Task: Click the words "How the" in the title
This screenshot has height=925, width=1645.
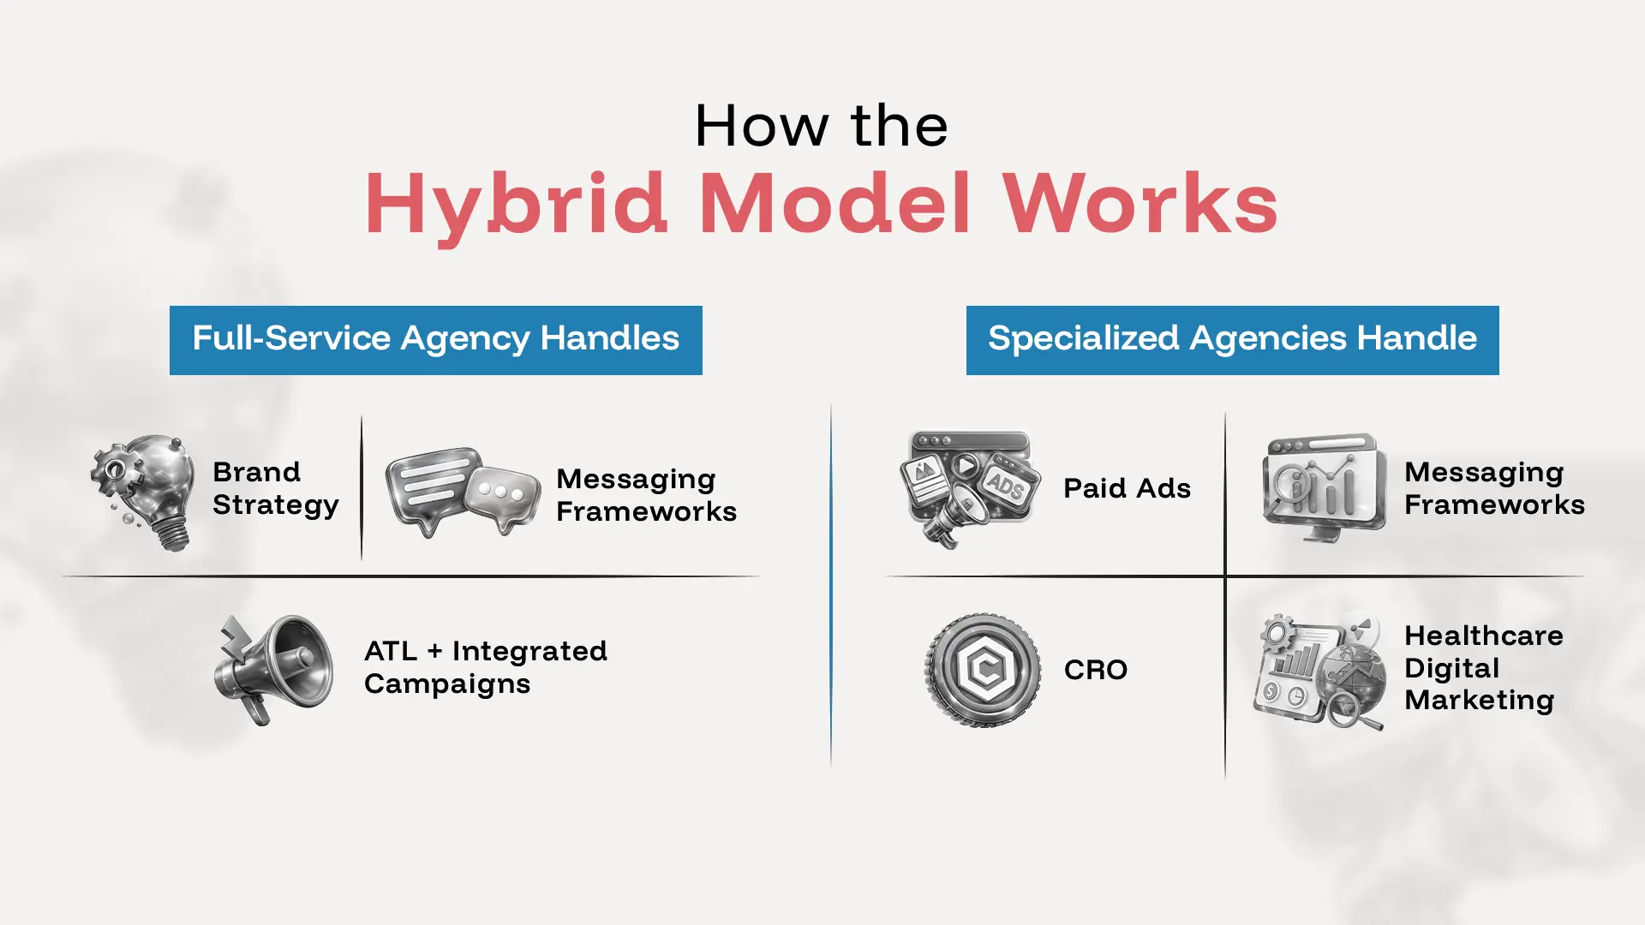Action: coord(821,126)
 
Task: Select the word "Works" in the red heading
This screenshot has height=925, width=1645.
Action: coord(1140,203)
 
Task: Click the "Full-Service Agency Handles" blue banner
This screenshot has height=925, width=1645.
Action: coord(436,340)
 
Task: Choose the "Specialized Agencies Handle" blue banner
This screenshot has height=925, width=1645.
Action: coord(1233,340)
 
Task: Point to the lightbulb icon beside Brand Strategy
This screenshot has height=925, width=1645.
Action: coord(143,492)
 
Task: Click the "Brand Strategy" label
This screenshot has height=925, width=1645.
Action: coord(276,488)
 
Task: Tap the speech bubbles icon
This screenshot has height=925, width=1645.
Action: coord(463,492)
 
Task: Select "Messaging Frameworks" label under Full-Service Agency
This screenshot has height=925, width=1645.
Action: coord(647,495)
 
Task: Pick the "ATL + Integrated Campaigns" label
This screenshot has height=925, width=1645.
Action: coord(486,667)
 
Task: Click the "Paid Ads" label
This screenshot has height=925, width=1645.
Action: coord(1128,488)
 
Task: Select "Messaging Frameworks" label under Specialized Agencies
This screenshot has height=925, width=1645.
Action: coord(1495,488)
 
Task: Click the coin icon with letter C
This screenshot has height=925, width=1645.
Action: coord(983,670)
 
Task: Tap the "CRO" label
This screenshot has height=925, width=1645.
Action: coord(1096,670)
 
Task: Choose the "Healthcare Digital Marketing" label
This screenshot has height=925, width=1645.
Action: coord(1484,668)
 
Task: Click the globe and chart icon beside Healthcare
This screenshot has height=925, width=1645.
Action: coord(1319,671)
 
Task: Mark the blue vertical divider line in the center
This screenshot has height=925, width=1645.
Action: coord(831,585)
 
